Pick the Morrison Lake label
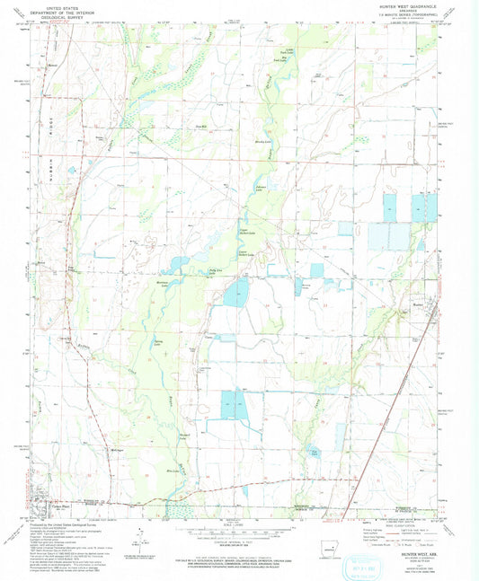coord(163,282)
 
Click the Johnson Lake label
coord(261,188)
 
